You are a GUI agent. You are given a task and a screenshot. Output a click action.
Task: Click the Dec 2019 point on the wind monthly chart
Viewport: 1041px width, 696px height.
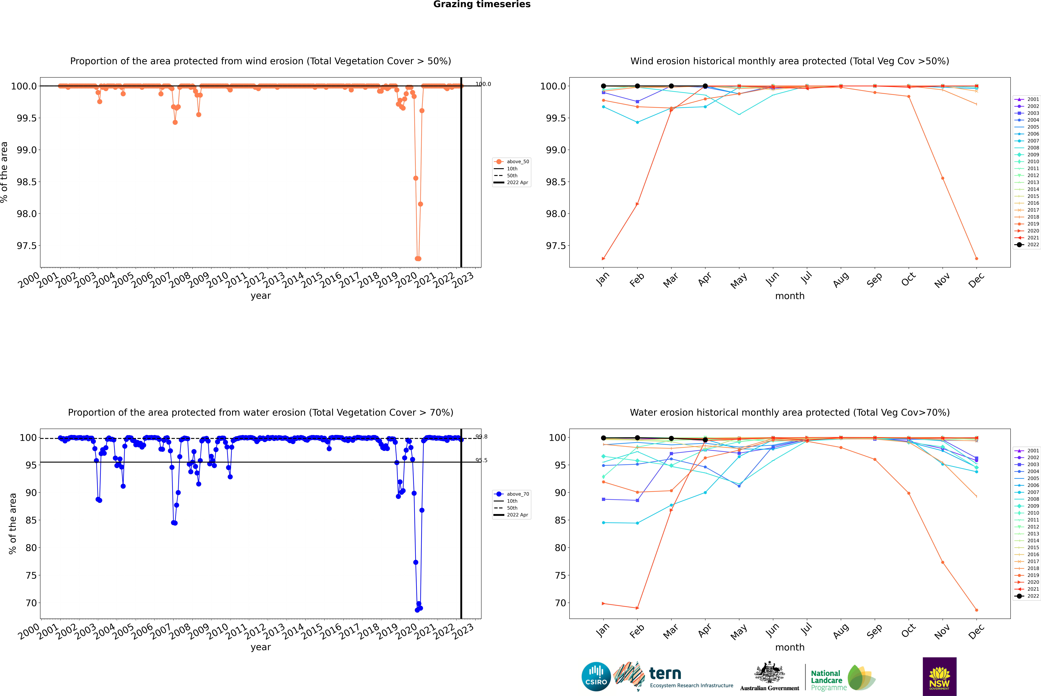[976, 258]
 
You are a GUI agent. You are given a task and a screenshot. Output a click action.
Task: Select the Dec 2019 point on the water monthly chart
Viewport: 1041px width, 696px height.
[976, 610]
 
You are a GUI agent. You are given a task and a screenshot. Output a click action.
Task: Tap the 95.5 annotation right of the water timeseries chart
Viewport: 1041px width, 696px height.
[481, 460]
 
